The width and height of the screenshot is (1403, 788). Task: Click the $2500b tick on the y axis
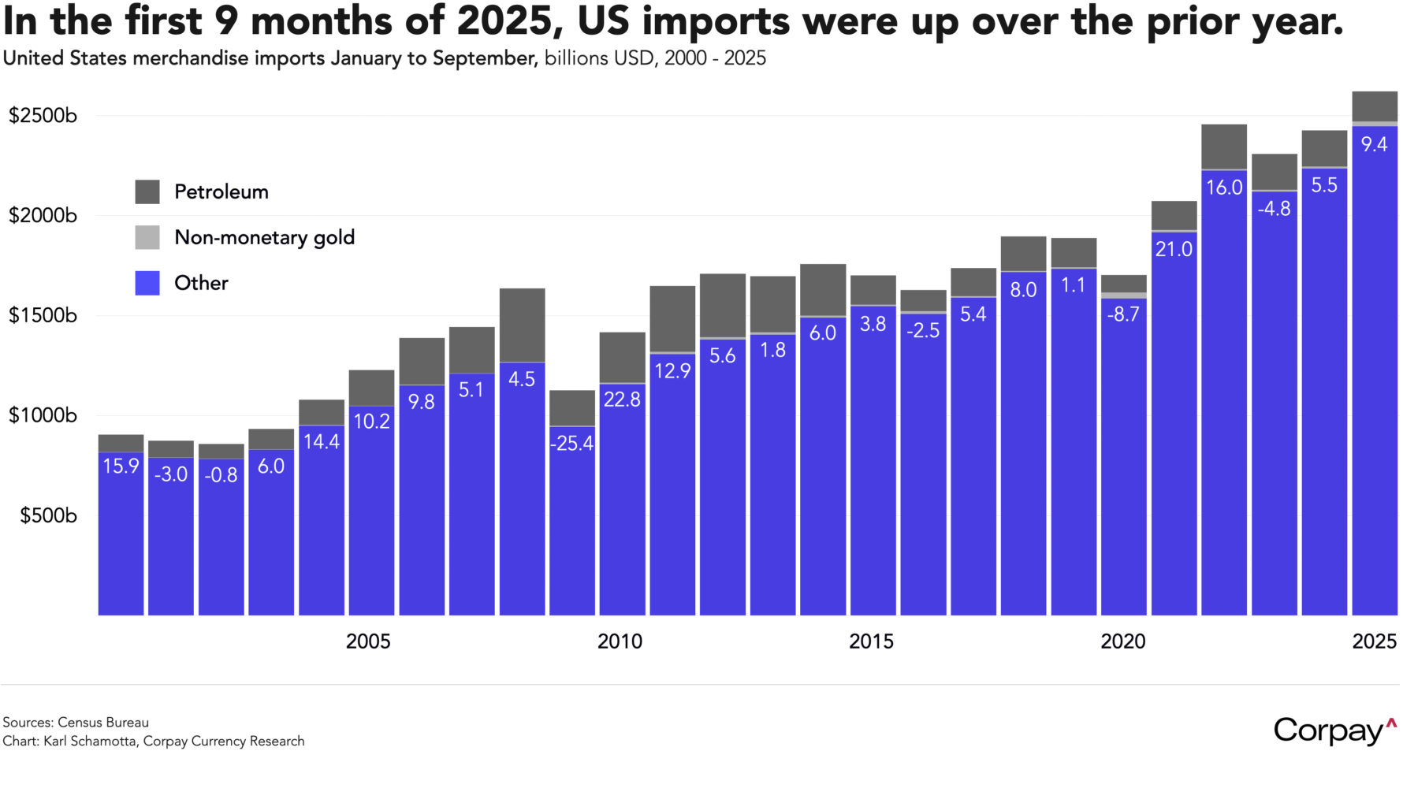point(43,116)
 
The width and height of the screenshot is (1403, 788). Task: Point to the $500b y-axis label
point(48,515)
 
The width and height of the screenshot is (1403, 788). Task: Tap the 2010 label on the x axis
point(620,641)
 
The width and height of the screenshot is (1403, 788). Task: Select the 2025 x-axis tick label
point(1374,641)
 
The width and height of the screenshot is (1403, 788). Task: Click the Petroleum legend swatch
point(147,191)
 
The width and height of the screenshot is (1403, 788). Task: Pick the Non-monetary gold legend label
point(264,237)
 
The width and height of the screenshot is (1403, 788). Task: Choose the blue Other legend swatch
point(147,283)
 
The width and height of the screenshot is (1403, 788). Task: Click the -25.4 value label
point(572,444)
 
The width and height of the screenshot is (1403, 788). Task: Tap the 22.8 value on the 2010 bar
point(622,400)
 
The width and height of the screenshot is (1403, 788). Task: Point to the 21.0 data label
point(1174,250)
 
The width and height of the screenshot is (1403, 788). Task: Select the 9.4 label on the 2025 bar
point(1374,144)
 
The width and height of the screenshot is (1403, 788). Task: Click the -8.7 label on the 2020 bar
point(1123,314)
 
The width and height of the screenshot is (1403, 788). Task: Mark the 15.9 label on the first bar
point(121,466)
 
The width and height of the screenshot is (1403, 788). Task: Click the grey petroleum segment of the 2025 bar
point(1374,106)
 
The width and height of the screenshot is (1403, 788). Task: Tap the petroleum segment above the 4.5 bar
point(522,325)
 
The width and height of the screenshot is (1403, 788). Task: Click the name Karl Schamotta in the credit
point(89,742)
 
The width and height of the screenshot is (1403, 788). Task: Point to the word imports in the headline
point(715,21)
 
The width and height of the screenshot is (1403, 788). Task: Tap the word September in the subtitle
point(484,59)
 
